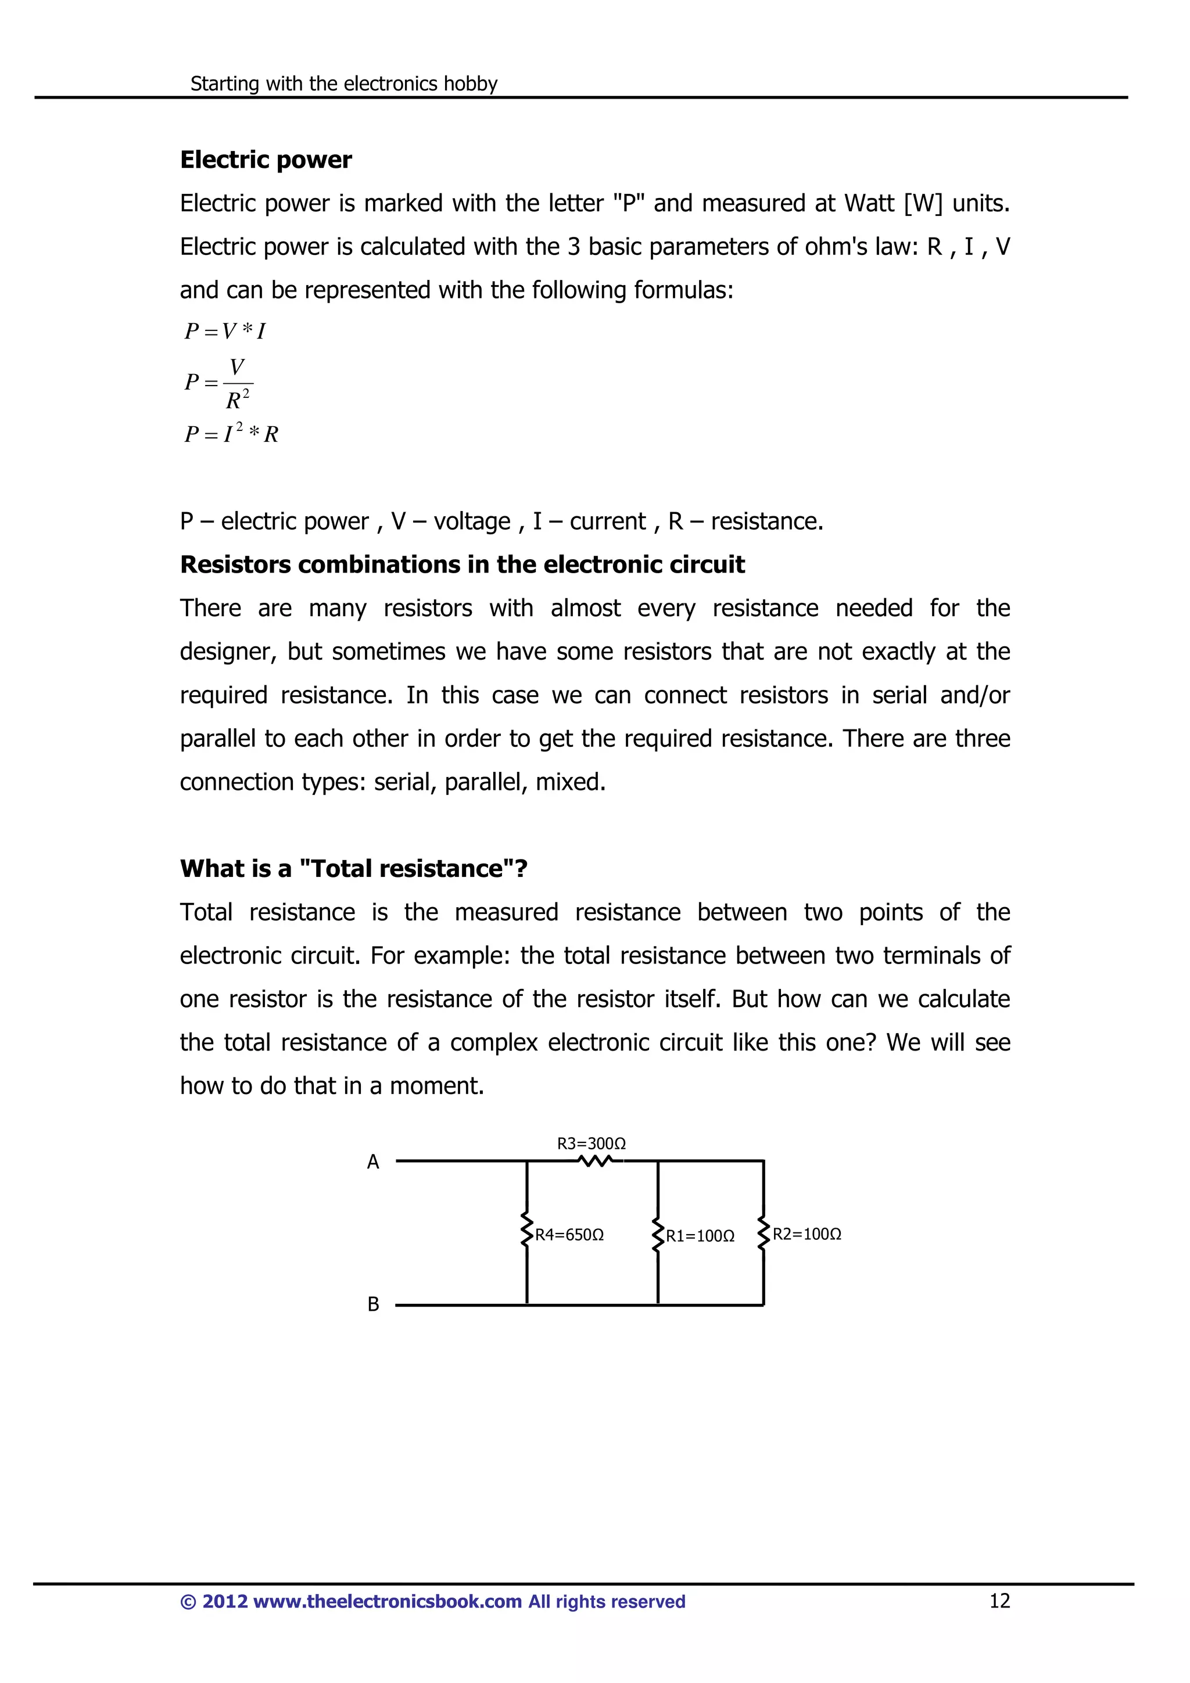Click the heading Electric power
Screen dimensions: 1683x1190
(266, 160)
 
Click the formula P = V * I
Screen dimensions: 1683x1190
(224, 332)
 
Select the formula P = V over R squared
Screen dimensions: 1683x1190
(219, 383)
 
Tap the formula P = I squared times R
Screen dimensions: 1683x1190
(231, 434)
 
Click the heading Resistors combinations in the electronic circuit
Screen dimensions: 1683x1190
(462, 564)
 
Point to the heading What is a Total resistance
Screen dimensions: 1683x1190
(353, 869)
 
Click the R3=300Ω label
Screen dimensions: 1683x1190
(591, 1143)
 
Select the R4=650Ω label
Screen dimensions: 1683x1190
(569, 1235)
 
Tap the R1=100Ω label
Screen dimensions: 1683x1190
(700, 1236)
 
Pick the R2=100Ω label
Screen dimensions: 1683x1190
(807, 1235)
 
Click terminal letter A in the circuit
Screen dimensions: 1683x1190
(373, 1162)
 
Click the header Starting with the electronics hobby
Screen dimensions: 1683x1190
(344, 84)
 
